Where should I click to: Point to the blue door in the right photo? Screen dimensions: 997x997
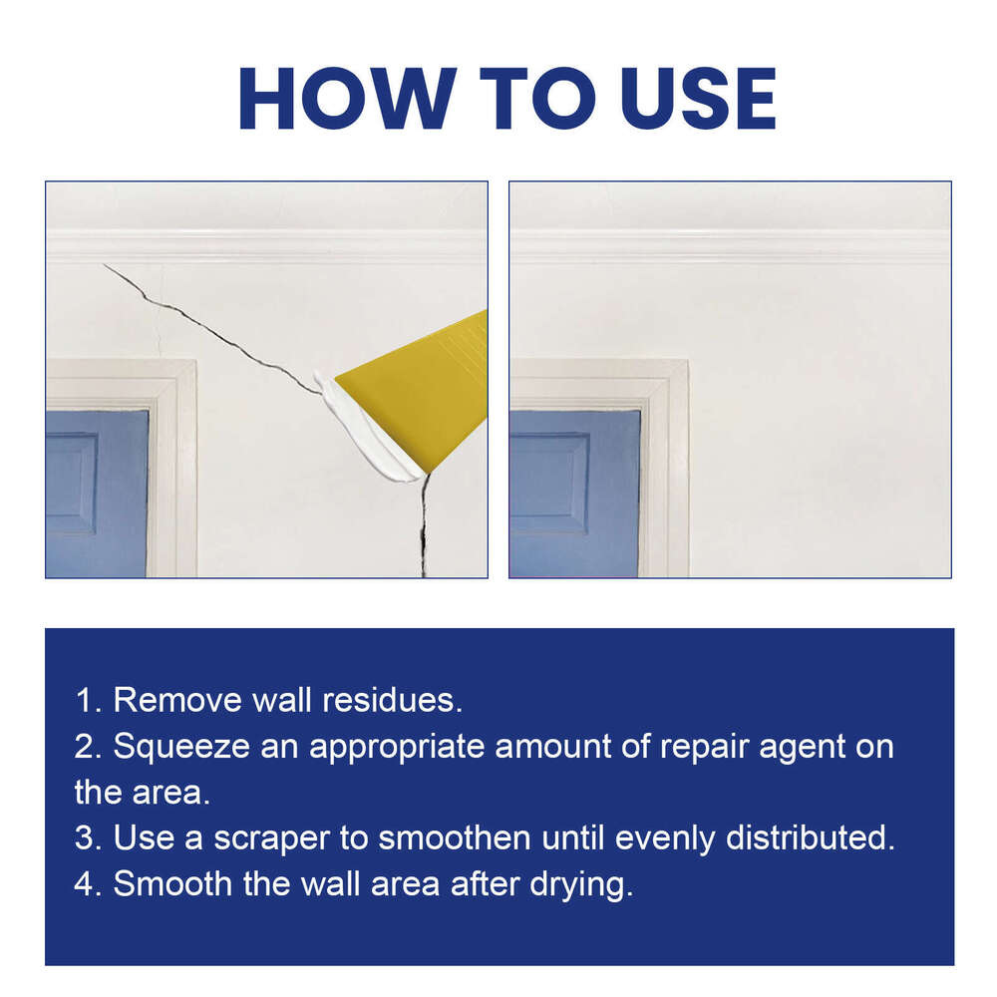pyautogui.click(x=573, y=494)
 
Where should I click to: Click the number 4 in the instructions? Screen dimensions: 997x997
pyautogui.click(x=85, y=884)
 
